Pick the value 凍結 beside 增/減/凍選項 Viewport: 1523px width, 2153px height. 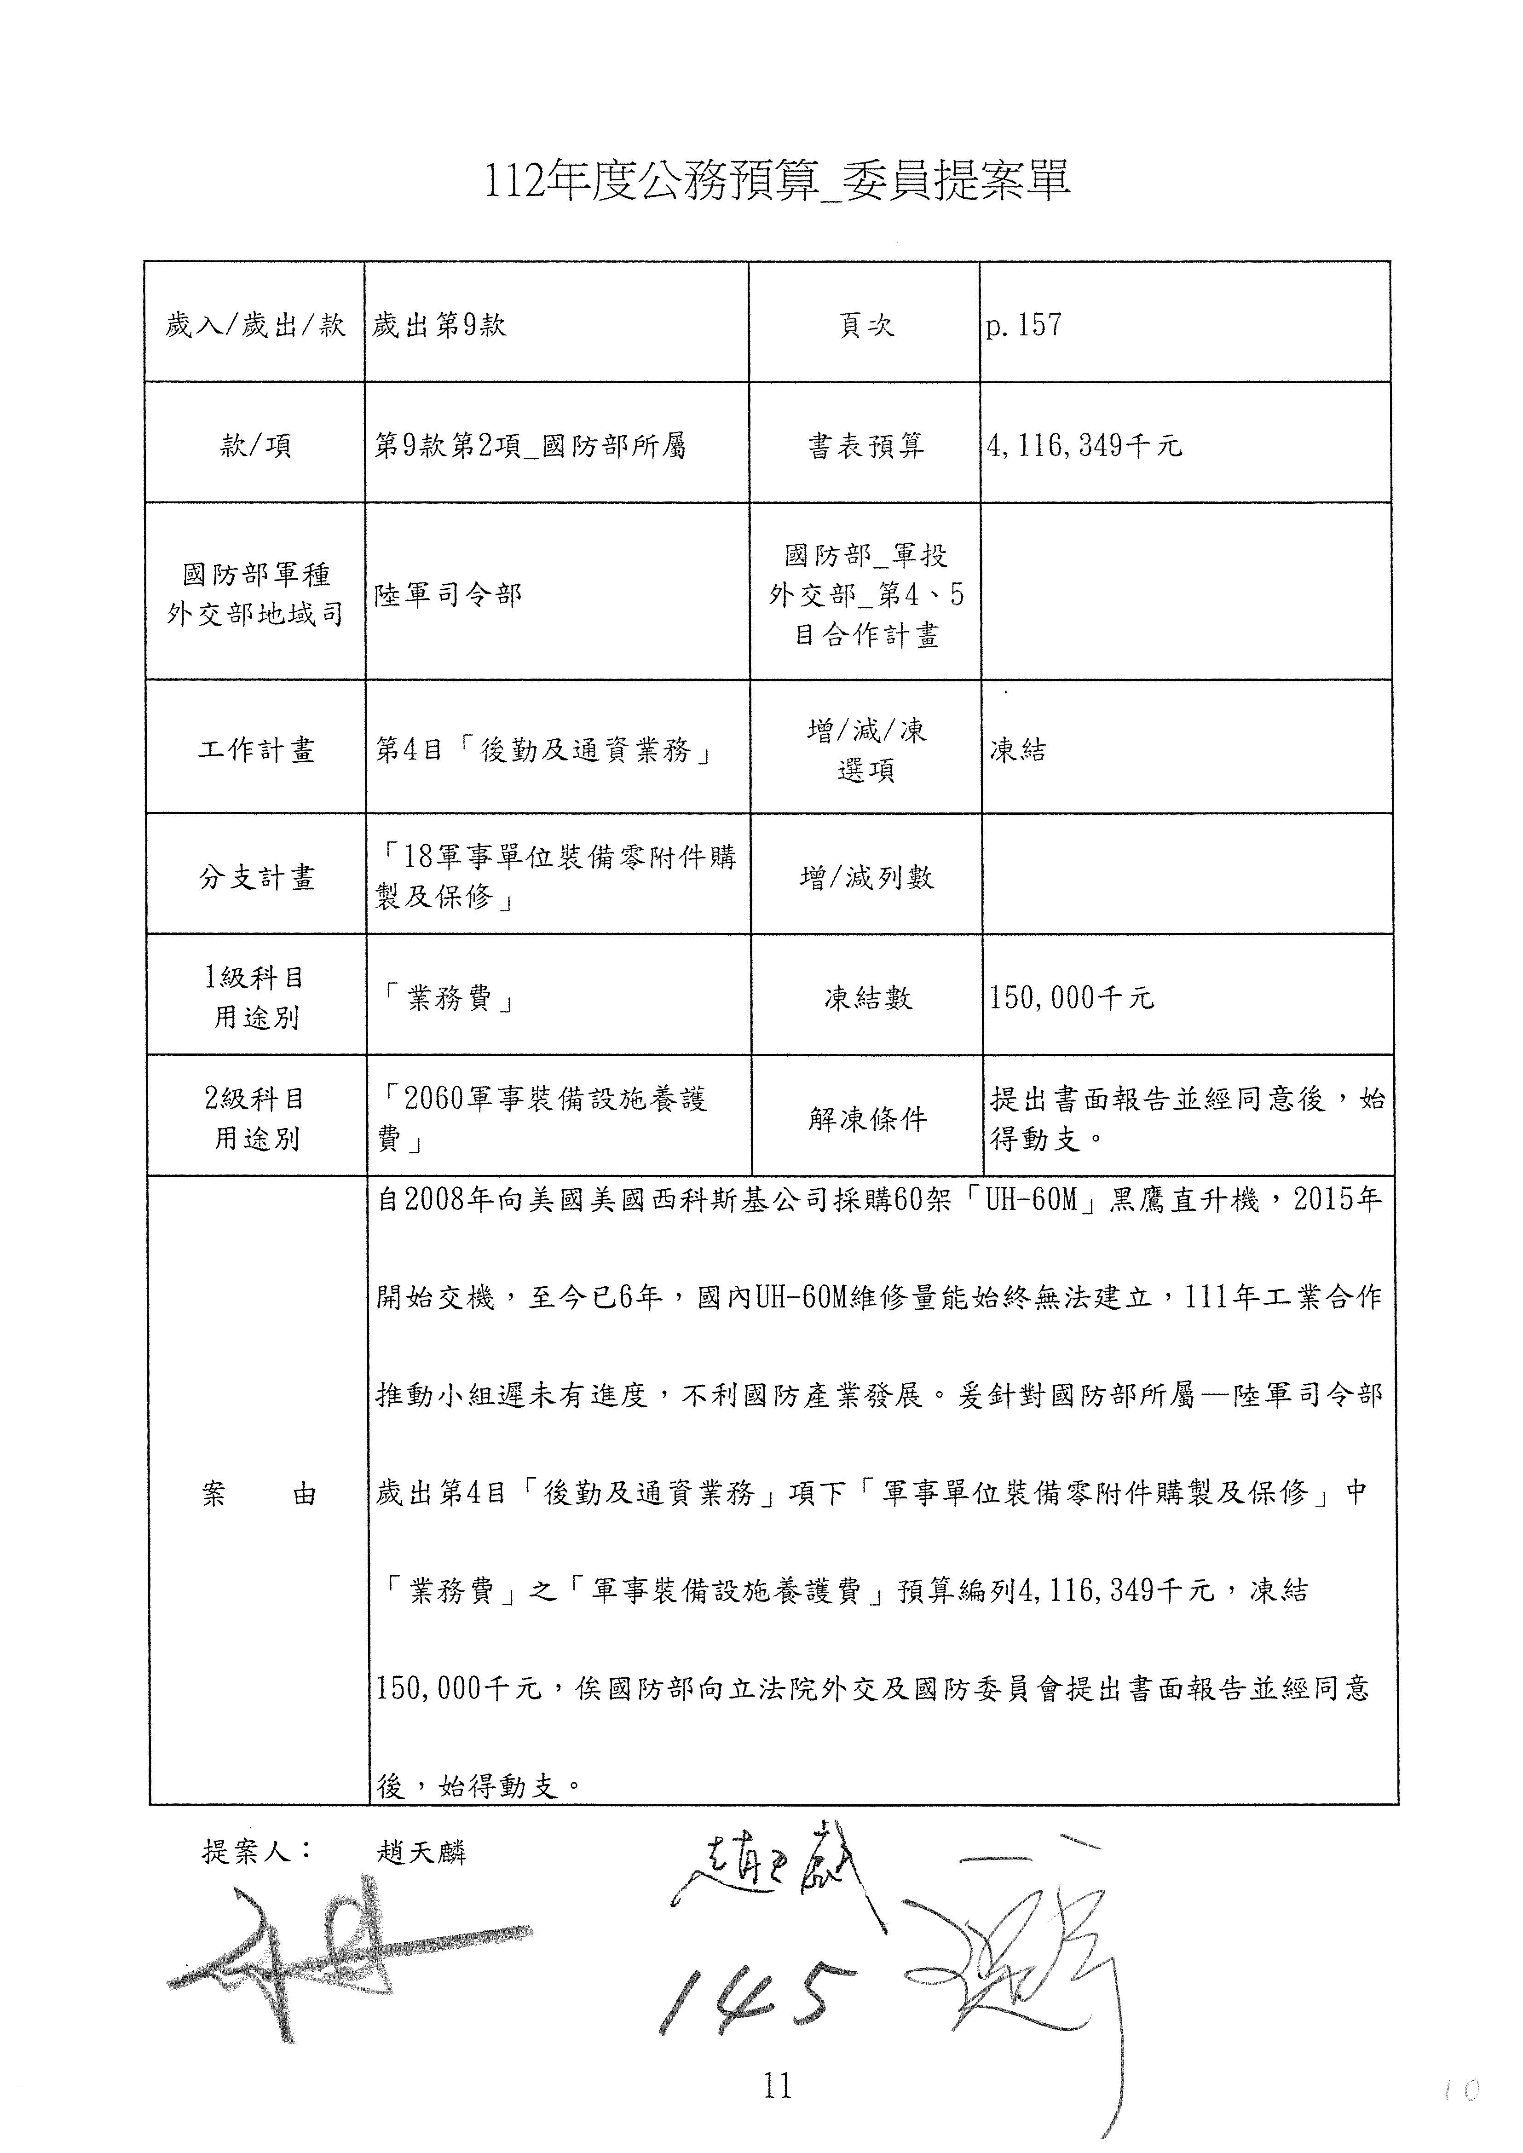tap(1017, 750)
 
